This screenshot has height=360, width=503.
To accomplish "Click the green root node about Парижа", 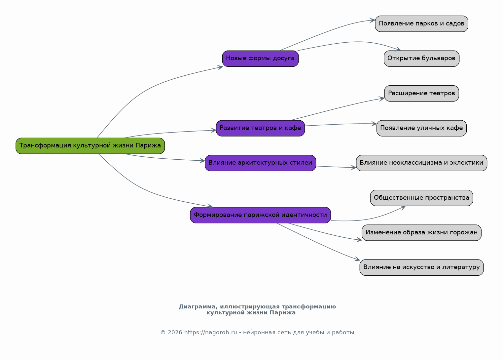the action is point(90,146).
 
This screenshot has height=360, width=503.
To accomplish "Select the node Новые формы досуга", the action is point(260,59).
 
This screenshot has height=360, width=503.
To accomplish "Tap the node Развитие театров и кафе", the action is point(260,128).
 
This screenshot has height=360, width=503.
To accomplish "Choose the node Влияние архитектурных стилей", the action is point(260,163).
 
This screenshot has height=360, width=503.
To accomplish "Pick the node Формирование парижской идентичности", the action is point(260,215).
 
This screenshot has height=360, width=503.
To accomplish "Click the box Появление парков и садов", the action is point(421,24).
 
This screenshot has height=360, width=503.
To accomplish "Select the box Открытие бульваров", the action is point(421,59).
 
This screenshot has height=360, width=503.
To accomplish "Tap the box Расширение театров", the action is point(421,94).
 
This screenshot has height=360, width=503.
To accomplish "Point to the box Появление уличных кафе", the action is point(421,128).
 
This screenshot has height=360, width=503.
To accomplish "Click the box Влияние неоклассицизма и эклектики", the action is point(421,163).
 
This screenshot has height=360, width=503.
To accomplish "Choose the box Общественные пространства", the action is point(421,198).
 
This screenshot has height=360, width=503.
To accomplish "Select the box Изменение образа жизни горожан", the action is point(421,233).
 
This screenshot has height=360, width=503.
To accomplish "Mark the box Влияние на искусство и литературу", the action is point(421,268).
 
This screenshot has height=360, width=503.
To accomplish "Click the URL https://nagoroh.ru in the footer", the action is point(210,332).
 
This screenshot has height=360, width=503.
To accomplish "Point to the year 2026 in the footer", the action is point(175,332).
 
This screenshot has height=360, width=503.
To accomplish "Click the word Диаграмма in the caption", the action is point(198,307).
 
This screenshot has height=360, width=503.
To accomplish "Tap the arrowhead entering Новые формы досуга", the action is point(220,67).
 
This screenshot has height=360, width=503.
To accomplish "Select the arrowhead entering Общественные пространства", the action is point(403,208).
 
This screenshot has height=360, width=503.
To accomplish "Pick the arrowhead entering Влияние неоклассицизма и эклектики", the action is point(353,168).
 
